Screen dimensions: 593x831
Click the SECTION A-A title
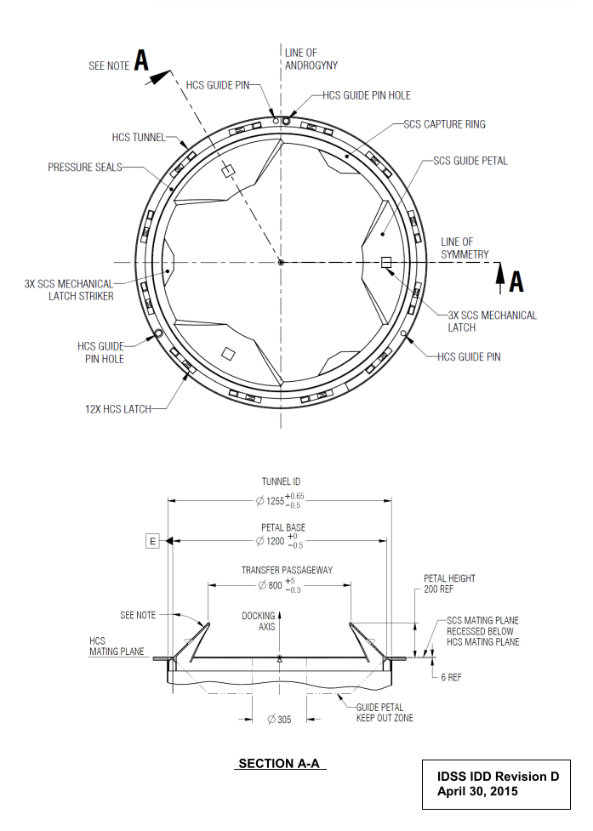click(x=279, y=763)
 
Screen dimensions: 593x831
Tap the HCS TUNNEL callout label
click(x=139, y=137)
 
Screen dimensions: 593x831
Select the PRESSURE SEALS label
click(x=85, y=168)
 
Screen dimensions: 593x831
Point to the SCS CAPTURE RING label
click(x=444, y=124)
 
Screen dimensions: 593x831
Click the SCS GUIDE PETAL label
click(x=470, y=161)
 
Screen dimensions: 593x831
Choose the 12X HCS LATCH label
click(x=118, y=409)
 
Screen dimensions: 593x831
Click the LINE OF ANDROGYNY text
click(x=311, y=59)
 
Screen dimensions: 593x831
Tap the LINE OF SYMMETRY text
click(x=465, y=248)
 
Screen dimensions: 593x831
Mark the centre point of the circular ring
click(x=281, y=262)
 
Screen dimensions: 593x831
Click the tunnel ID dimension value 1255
click(x=275, y=501)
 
